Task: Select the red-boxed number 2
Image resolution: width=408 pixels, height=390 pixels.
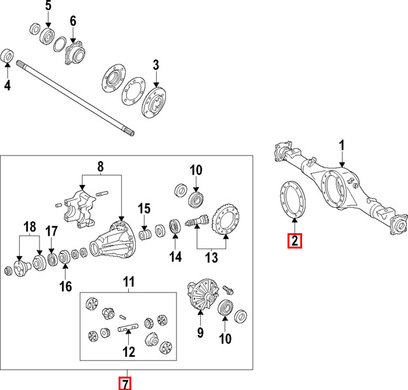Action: coord(295,241)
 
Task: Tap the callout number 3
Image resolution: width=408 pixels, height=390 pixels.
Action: coord(156,64)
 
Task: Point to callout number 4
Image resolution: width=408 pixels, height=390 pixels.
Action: coord(7,84)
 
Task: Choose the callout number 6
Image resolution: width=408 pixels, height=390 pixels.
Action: coord(73,21)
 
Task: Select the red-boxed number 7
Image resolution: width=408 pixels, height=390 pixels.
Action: coord(126,383)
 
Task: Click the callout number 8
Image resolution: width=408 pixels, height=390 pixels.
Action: coord(100,168)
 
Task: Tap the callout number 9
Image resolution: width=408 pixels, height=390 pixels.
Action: coord(200,332)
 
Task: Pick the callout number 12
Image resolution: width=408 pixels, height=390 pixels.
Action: coord(129,351)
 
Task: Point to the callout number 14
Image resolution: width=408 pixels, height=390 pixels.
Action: coord(175,257)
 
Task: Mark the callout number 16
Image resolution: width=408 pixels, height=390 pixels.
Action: coord(66,286)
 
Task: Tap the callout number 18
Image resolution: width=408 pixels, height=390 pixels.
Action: coord(29,227)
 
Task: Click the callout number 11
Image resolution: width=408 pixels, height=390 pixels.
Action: coord(129,280)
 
